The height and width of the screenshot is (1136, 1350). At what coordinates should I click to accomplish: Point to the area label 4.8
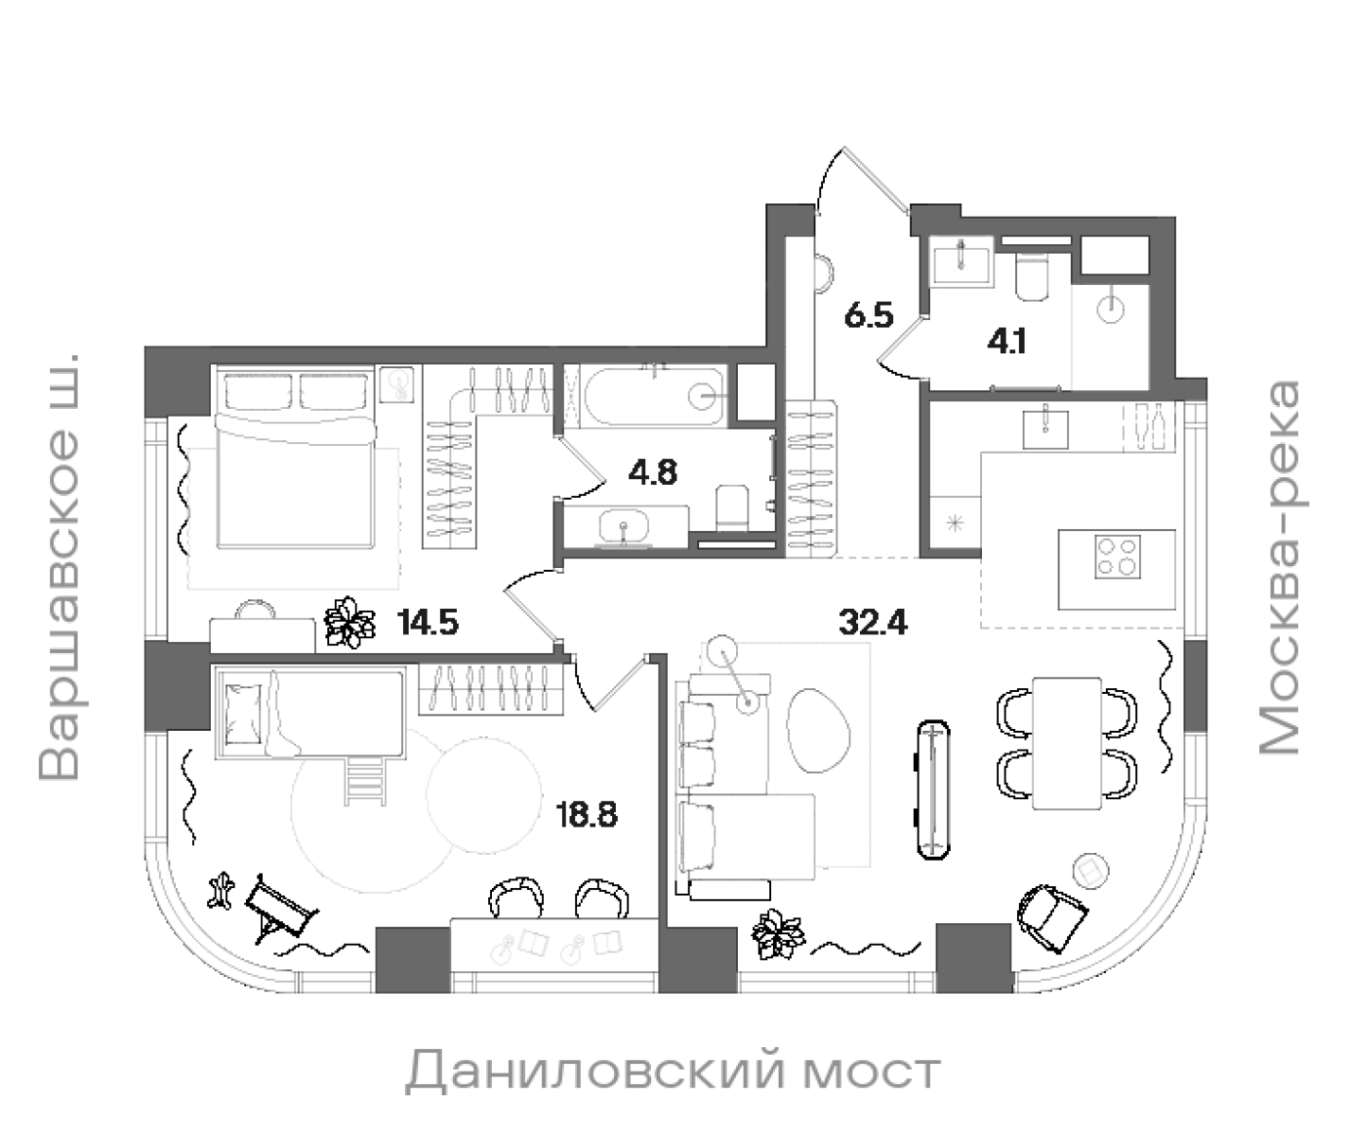[654, 472]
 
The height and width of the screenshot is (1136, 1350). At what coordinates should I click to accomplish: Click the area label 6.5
[868, 315]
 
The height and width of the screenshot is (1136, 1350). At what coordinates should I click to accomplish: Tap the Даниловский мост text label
[673, 1073]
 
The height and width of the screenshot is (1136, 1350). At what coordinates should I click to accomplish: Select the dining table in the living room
[1067, 742]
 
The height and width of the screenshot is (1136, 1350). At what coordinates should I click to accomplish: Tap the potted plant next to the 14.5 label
[351, 622]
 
